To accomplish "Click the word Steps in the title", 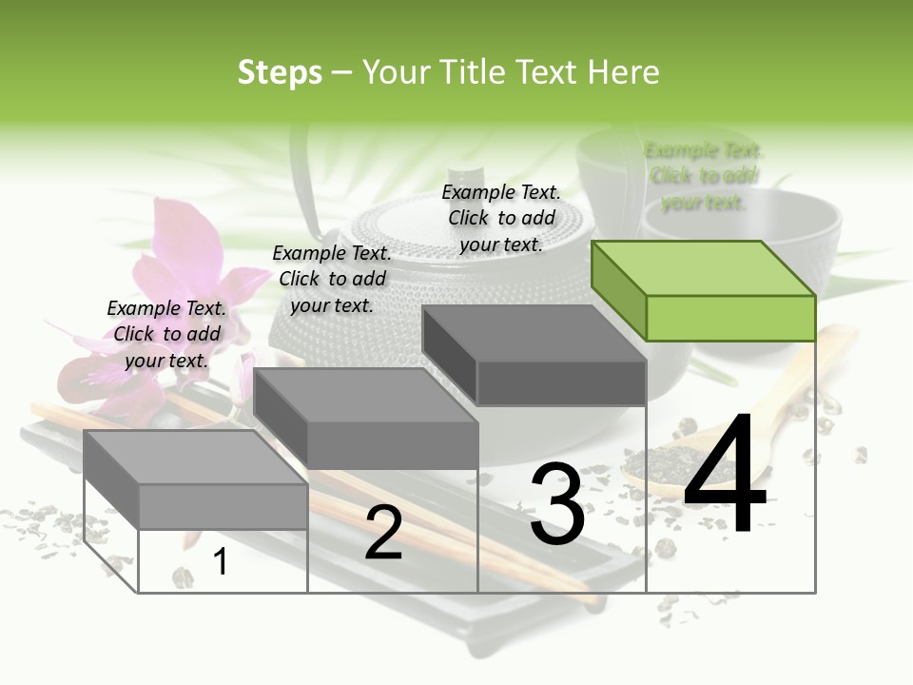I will click(280, 72).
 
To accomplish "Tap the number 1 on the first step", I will click(221, 562).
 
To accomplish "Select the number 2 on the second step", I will click(383, 533).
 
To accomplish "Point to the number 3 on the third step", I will click(557, 504).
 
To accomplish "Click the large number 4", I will click(726, 477).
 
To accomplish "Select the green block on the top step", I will click(704, 290).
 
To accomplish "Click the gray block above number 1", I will click(195, 479).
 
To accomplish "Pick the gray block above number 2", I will click(366, 419).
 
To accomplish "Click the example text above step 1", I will click(166, 334).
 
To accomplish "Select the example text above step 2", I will click(332, 279).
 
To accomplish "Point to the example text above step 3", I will click(501, 218).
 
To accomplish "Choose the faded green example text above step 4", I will click(704, 176).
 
